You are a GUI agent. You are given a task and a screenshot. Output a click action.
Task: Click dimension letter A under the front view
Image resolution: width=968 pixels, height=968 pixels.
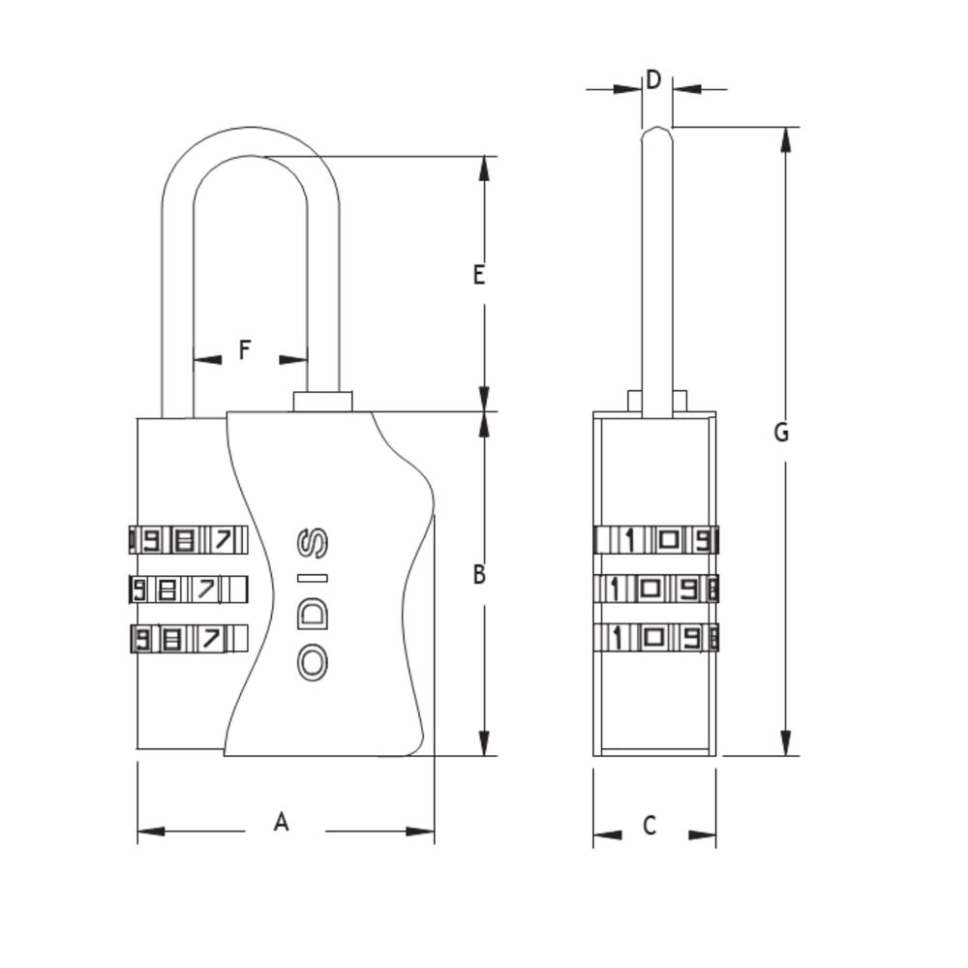click(x=281, y=822)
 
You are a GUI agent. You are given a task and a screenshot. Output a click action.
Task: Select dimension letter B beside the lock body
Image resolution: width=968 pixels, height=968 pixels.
click(x=479, y=574)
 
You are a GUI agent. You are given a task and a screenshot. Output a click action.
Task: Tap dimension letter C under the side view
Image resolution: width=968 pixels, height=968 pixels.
click(x=649, y=826)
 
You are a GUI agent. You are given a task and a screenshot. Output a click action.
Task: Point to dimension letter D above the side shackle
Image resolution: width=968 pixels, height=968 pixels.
click(x=653, y=79)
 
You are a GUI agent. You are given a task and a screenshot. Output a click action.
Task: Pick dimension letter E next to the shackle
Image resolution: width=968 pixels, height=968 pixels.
click(x=478, y=275)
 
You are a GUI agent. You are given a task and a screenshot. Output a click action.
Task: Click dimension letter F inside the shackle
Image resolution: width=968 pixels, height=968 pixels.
click(x=245, y=349)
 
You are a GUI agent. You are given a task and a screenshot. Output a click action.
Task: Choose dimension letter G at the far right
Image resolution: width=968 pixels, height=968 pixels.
click(x=781, y=432)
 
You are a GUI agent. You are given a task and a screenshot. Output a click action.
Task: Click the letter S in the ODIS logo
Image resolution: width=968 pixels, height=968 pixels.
click(x=313, y=543)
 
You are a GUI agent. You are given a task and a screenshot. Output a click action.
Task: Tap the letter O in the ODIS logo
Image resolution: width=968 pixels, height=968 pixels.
click(x=313, y=662)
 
